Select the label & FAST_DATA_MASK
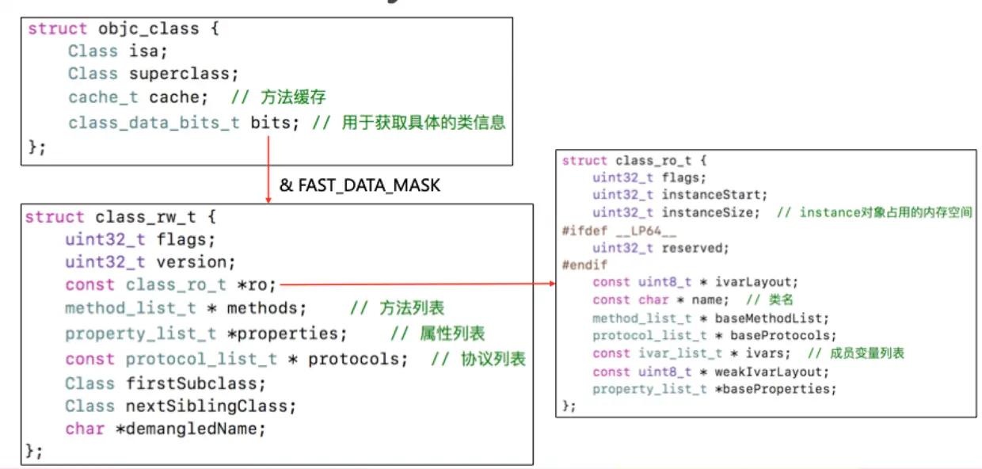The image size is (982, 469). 360,186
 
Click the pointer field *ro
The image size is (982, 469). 258,284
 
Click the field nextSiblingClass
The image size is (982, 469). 211,406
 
